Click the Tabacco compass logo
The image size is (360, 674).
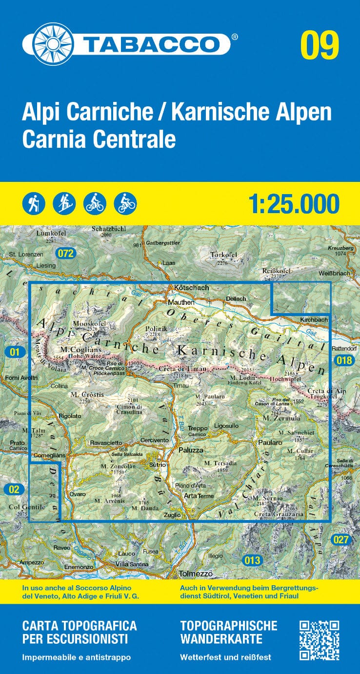pos(46,44)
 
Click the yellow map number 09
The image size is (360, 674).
pos(320,45)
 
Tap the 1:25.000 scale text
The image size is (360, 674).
pos(294,204)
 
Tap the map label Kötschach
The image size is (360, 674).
pos(191,288)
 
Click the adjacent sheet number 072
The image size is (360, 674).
pos(64,253)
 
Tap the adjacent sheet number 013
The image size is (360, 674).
pos(252,560)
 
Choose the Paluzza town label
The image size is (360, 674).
pos(191,450)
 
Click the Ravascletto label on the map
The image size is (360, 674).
pos(106,443)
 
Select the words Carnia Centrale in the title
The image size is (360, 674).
pos(99,139)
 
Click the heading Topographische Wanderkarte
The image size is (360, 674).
pos(228,632)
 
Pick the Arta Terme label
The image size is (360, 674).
pos(199,496)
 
